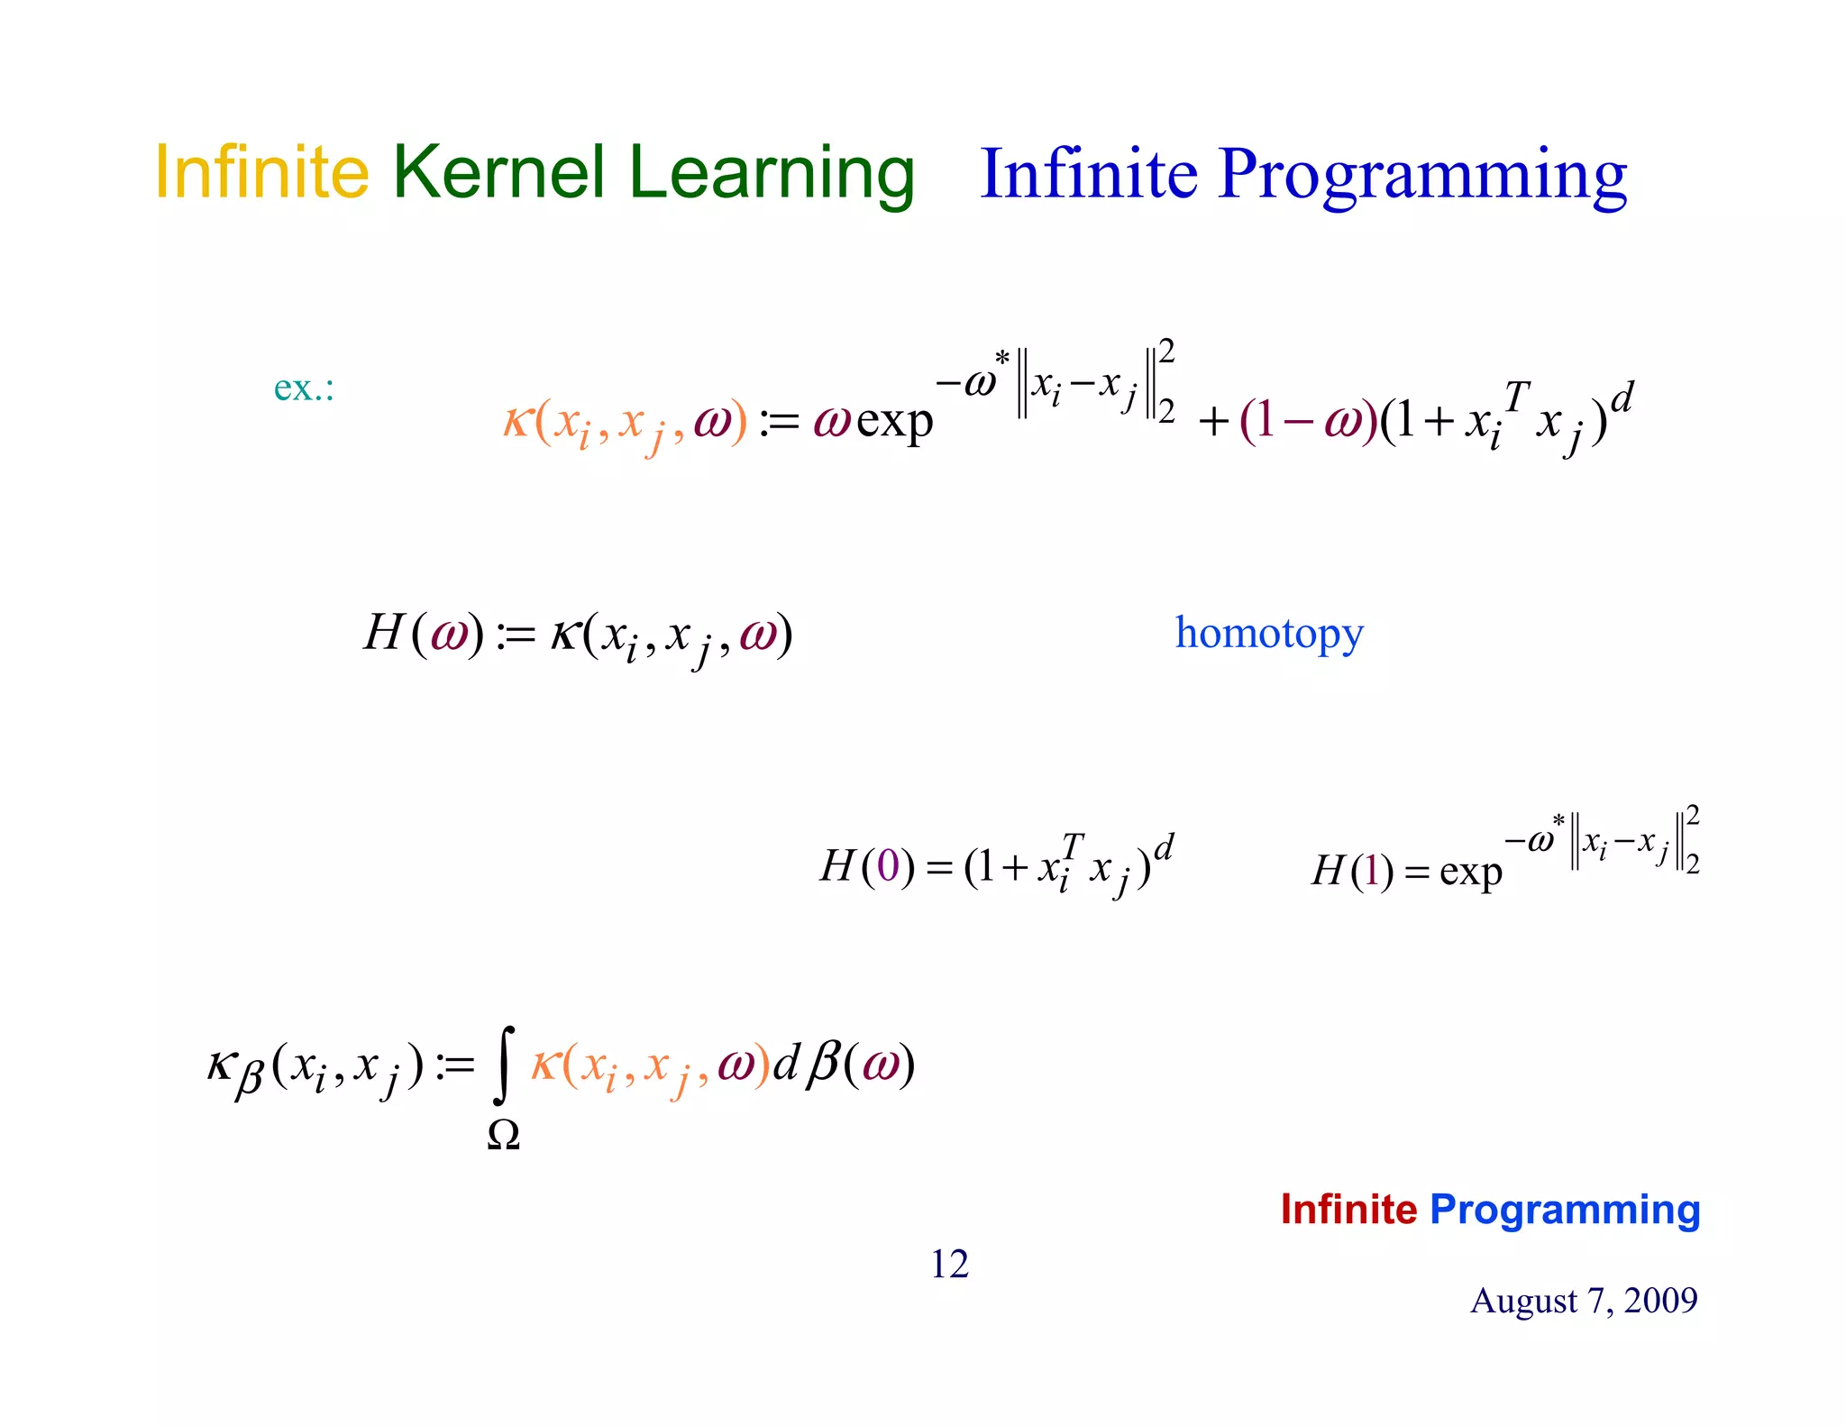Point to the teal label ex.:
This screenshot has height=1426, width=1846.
click(304, 388)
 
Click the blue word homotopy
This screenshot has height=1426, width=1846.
click(1268, 633)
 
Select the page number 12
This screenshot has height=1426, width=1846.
click(949, 1264)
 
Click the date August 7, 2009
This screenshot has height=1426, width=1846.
click(1583, 1300)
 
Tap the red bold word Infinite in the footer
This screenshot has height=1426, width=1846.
click(1348, 1209)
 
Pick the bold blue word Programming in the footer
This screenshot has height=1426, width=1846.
click(1565, 1211)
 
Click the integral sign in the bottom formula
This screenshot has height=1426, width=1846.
click(505, 1065)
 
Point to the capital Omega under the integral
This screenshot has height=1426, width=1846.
click(503, 1135)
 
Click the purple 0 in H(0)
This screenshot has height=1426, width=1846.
click(888, 866)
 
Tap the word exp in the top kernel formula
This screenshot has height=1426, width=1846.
click(894, 421)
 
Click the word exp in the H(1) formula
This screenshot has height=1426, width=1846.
click(1470, 872)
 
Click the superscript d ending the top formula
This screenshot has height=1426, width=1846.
click(1622, 396)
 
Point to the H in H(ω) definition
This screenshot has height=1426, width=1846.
click(383, 632)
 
